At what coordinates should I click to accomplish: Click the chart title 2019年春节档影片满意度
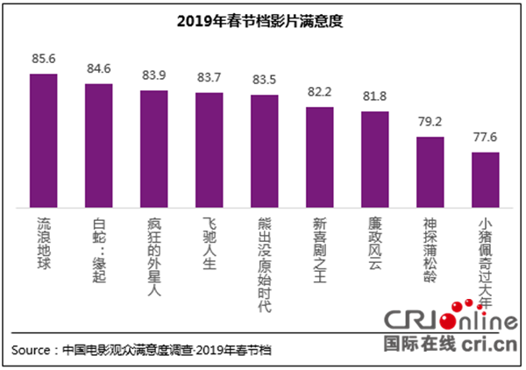click(x=263, y=21)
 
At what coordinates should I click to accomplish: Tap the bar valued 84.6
click(x=98, y=144)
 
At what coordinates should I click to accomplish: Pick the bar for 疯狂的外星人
click(x=153, y=146)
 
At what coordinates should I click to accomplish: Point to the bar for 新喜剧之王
click(x=319, y=155)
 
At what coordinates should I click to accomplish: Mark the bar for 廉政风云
click(x=374, y=158)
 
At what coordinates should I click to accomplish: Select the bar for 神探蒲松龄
click(x=430, y=170)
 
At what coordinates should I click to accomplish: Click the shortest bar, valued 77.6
click(x=485, y=178)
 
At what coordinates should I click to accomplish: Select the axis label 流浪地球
click(x=43, y=242)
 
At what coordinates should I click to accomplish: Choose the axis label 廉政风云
click(x=374, y=242)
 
